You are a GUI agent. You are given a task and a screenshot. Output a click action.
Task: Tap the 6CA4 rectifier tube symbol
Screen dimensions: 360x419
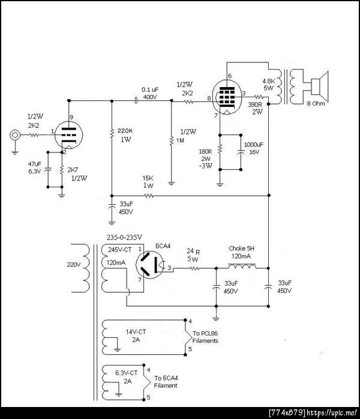pyautogui.click(x=150, y=265)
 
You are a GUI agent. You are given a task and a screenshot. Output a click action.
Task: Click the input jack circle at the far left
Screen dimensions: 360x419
pyautogui.click(x=15, y=135)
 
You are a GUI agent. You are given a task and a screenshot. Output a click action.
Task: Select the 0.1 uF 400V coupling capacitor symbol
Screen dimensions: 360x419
pyautogui.click(x=136, y=101)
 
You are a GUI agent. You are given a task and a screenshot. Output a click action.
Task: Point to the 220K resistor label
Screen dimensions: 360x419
pyautogui.click(x=125, y=131)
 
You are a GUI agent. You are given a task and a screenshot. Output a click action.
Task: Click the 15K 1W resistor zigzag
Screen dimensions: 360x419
pyautogui.click(x=149, y=196)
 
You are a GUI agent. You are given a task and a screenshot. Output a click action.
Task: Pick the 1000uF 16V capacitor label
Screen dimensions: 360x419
pyautogui.click(x=254, y=148)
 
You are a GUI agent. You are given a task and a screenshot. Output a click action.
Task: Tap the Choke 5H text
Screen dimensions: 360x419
pyautogui.click(x=241, y=249)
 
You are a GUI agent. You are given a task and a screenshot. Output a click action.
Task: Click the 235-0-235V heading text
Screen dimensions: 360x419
pyautogui.click(x=124, y=237)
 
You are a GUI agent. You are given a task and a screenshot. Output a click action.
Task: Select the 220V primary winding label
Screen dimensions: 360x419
pyautogui.click(x=73, y=265)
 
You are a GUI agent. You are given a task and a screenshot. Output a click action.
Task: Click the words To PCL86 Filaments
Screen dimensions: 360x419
pyautogui.click(x=205, y=337)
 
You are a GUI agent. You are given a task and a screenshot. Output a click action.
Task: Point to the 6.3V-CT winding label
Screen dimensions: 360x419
pyautogui.click(x=127, y=373)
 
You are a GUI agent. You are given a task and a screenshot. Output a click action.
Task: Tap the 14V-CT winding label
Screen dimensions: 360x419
pyautogui.click(x=136, y=332)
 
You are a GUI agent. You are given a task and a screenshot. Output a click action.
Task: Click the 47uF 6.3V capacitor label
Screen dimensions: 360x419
pyautogui.click(x=35, y=167)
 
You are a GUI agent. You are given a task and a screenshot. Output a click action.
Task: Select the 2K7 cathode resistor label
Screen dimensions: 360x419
pyautogui.click(x=73, y=170)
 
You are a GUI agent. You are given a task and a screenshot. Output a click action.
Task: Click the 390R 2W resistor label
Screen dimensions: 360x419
pyautogui.click(x=256, y=108)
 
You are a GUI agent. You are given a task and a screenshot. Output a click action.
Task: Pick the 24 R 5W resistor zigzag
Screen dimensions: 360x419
pyautogui.click(x=194, y=268)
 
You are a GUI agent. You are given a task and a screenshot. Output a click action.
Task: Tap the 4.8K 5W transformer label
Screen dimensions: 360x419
pyautogui.click(x=268, y=85)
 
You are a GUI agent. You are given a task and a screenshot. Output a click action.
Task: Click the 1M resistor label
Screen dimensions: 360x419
pyautogui.click(x=180, y=140)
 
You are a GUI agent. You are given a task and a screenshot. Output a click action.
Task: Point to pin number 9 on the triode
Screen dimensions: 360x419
pyautogui.click(x=71, y=117)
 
